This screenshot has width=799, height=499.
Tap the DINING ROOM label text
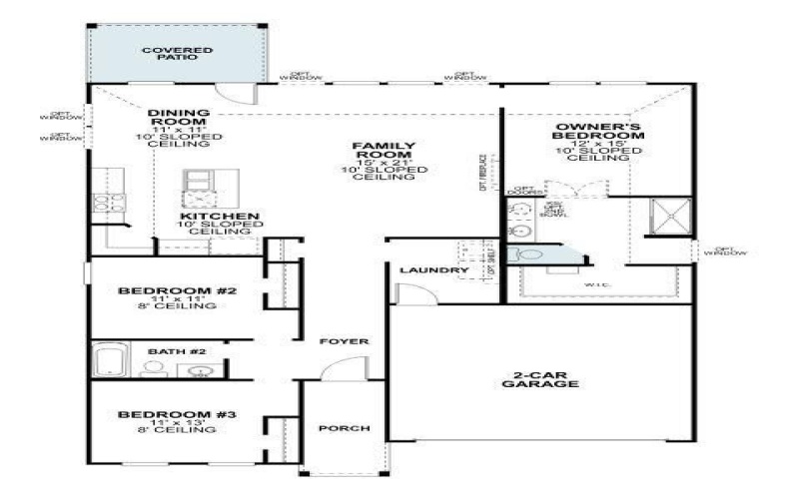(x=178, y=118)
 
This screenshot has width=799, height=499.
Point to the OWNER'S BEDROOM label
(x=584, y=133)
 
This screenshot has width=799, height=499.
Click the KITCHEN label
(x=220, y=217)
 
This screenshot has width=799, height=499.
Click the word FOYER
(x=344, y=341)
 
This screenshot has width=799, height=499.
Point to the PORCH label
(x=344, y=428)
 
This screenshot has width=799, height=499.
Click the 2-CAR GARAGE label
(x=540, y=378)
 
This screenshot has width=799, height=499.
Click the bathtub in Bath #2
(x=112, y=360)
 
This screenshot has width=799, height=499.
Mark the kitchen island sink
(x=196, y=180)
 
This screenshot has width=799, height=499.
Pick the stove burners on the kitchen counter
(x=102, y=203)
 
